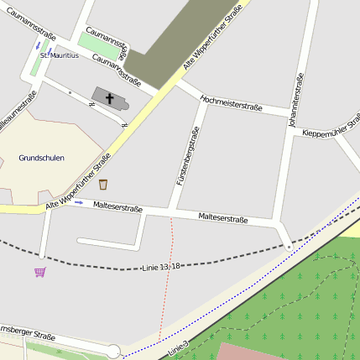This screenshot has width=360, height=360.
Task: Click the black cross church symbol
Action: pos(109,98)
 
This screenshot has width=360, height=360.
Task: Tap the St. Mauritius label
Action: pos(60,55)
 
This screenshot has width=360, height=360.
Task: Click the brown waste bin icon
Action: pos(103,185)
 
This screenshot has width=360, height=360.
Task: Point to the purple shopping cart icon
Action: pos(39,272)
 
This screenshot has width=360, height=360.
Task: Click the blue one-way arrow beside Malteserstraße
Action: pos(79,202)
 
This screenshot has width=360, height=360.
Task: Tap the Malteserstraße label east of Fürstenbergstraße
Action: pos(223,219)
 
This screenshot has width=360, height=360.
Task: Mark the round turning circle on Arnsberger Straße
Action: pos(113,352)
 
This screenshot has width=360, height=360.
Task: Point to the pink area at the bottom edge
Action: pos(243,352)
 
